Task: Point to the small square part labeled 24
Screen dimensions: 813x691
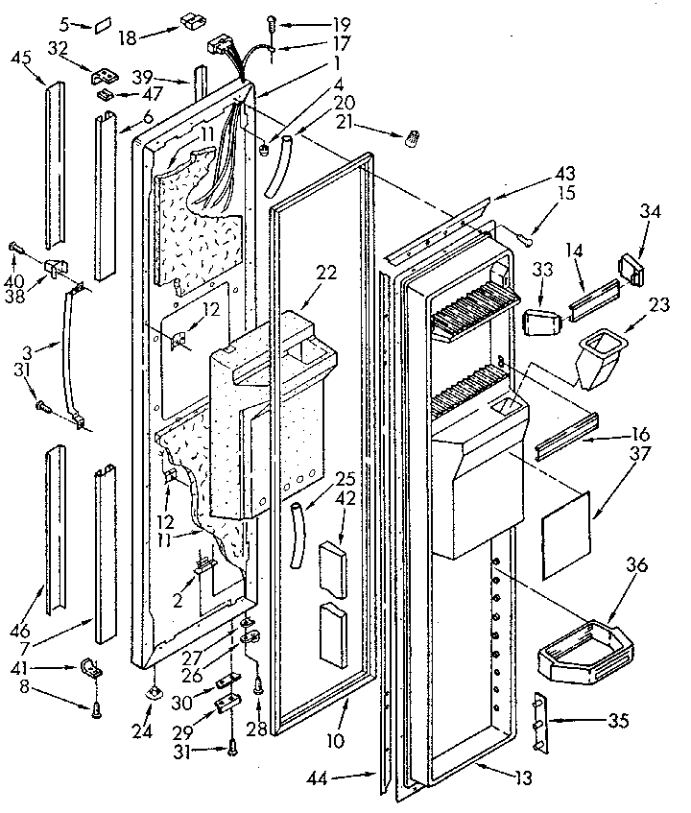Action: click(x=155, y=693)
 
